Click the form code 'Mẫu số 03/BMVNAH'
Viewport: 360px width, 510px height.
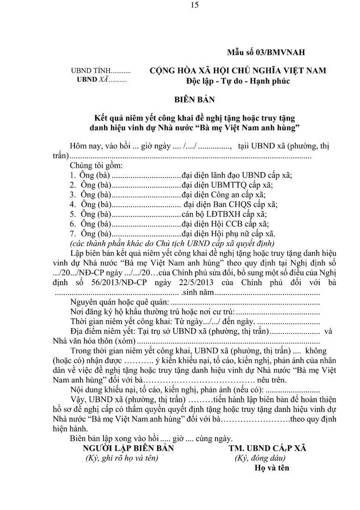click(266, 52)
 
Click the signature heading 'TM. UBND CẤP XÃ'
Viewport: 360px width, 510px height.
click(266, 449)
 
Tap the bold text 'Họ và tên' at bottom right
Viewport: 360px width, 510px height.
click(271, 467)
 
